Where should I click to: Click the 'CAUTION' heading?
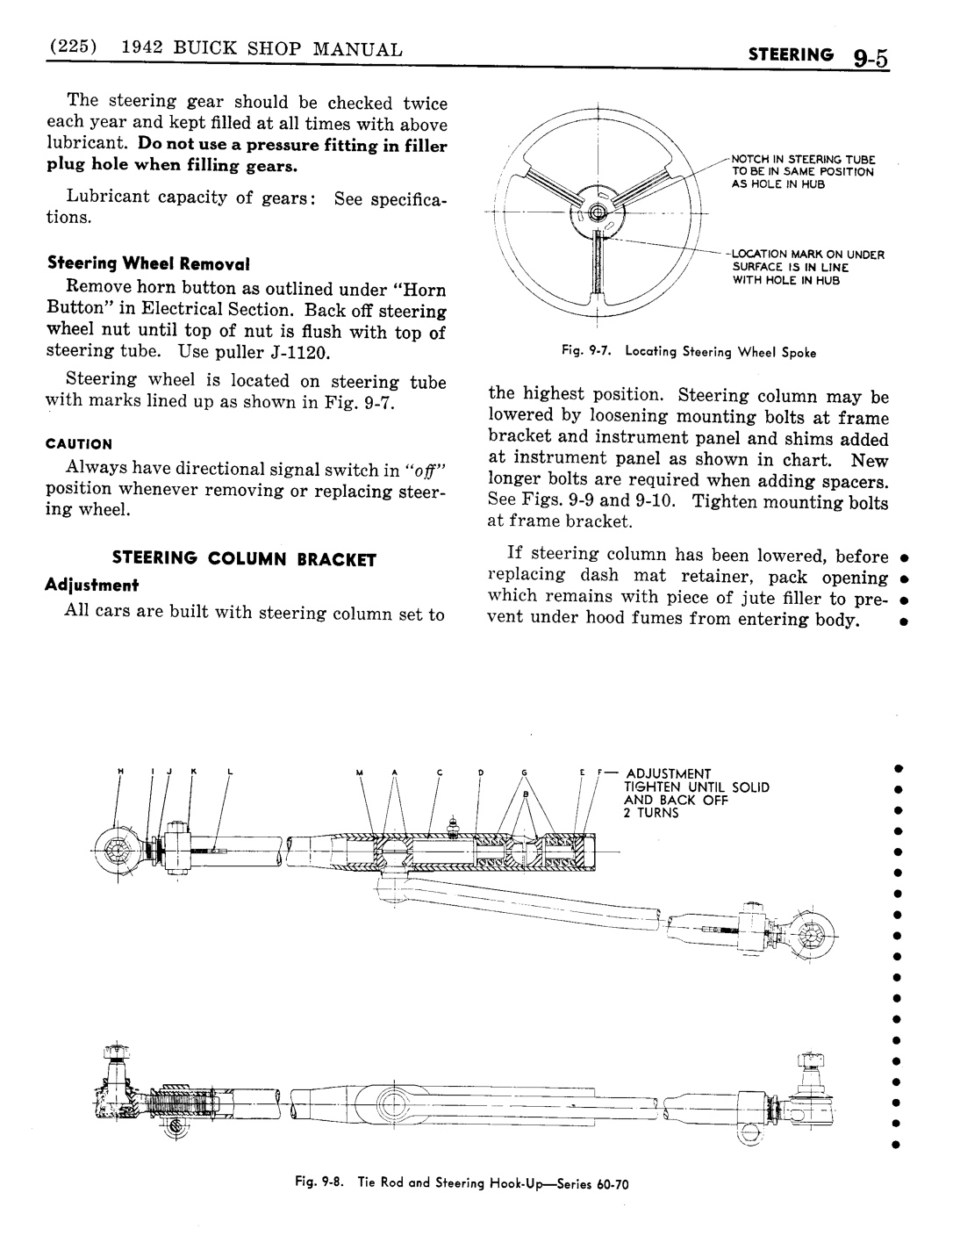80,444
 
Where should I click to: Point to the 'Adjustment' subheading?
93,585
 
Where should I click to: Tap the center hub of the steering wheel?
597,212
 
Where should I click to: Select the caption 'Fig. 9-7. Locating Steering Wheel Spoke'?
690,353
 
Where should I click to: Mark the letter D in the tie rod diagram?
481,772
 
